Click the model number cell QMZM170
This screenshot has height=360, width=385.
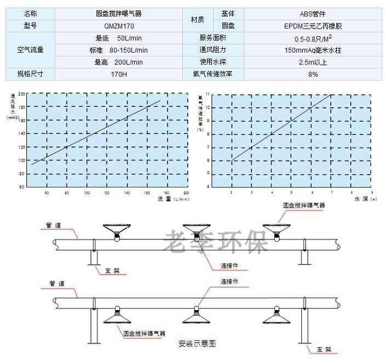pos(118,25)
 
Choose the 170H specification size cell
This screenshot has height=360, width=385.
pos(118,74)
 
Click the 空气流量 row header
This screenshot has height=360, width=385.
pos(31,50)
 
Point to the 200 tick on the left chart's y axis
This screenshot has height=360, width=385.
pos(22,94)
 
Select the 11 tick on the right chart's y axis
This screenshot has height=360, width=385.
pos(207,94)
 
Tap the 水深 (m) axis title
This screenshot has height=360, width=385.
pos(364,199)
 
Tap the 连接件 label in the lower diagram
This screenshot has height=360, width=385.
pos(230,281)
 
